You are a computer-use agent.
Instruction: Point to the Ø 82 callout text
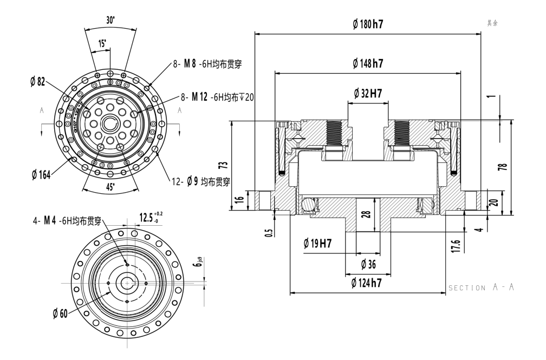pyautogui.click(x=38, y=81)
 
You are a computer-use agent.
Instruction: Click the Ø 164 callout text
pyautogui.click(x=41, y=176)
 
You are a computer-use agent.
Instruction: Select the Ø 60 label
pyautogui.click(x=60, y=313)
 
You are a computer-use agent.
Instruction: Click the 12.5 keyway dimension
pyautogui.click(x=147, y=218)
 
